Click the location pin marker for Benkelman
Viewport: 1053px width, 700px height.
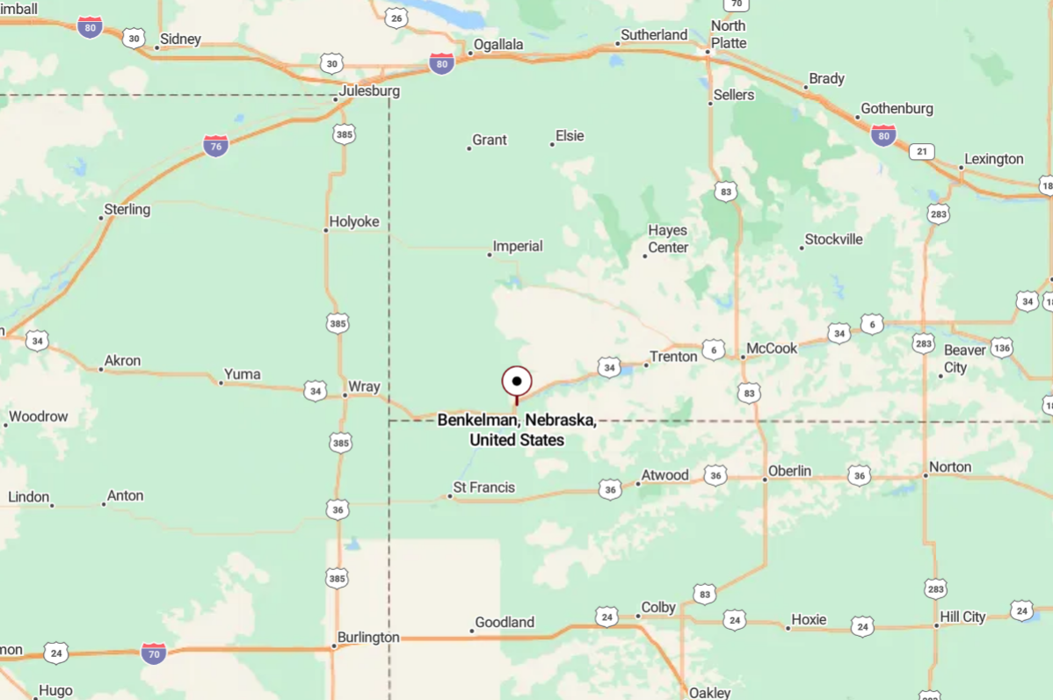click(517, 382)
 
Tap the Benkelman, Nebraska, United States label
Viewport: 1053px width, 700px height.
click(517, 429)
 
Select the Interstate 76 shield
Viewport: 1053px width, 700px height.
click(215, 146)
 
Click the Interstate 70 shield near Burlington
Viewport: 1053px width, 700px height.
click(154, 653)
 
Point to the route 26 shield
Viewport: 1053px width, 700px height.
click(396, 18)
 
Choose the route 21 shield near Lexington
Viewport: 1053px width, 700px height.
click(921, 151)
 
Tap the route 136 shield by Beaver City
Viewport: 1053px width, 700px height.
click(1001, 348)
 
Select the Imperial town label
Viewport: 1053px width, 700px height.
click(518, 247)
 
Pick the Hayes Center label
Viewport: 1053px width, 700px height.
click(668, 239)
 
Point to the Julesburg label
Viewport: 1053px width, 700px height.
click(369, 91)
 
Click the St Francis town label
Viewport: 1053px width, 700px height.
click(484, 487)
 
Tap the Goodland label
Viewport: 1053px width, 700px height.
click(505, 623)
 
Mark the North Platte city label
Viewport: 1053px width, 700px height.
click(728, 34)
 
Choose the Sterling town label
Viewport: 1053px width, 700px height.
click(127, 210)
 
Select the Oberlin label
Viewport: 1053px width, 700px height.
click(789, 471)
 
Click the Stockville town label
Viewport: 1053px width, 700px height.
click(834, 240)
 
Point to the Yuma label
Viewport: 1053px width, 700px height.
click(242, 374)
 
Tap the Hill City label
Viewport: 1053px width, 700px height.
click(962, 617)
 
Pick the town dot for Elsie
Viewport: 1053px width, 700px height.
click(553, 144)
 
